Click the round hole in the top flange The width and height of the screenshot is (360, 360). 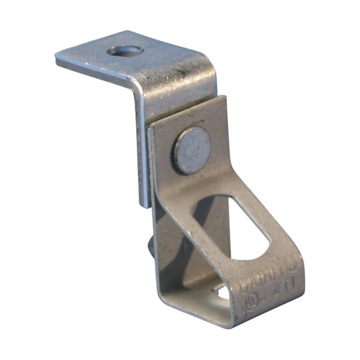click(125, 51)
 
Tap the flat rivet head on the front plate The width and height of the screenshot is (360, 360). click(192, 150)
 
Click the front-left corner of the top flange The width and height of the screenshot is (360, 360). click(57, 59)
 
